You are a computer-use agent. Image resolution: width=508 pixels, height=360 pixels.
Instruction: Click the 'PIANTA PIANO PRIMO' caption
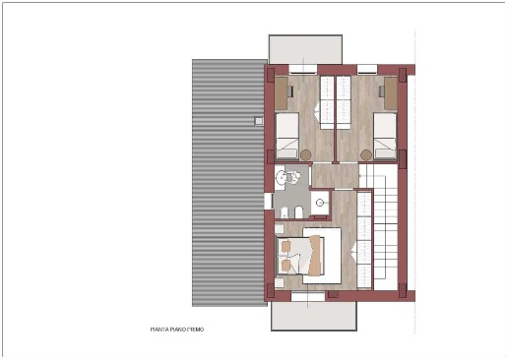[177, 330]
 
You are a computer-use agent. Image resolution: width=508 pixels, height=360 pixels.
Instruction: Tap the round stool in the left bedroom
[306, 154]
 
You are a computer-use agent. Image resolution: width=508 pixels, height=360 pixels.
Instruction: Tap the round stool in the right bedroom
[366, 154]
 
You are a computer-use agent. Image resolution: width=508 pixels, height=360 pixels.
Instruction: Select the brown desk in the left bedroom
[281, 93]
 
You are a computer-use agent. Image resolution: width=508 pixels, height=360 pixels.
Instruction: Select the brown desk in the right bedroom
[391, 93]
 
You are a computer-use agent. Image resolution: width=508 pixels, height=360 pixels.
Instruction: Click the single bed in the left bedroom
[287, 136]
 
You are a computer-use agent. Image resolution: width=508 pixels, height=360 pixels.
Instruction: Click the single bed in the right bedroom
[385, 136]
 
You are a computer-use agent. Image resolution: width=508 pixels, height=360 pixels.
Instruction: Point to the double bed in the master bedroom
[301, 256]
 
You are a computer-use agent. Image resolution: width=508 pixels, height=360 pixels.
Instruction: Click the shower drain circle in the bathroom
[320, 203]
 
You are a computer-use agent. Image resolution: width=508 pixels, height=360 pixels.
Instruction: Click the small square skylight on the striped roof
[259, 121]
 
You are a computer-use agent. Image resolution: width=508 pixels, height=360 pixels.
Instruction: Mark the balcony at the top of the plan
[305, 49]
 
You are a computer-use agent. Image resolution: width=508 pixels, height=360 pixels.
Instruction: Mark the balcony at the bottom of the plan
[314, 316]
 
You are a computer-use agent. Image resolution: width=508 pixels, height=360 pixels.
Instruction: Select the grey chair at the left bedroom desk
[289, 91]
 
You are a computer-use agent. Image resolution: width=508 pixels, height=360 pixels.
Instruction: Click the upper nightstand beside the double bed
[280, 229]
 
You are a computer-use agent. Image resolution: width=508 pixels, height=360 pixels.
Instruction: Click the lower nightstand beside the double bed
[280, 283]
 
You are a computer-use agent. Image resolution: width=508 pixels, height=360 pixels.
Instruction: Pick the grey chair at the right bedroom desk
[382, 91]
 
